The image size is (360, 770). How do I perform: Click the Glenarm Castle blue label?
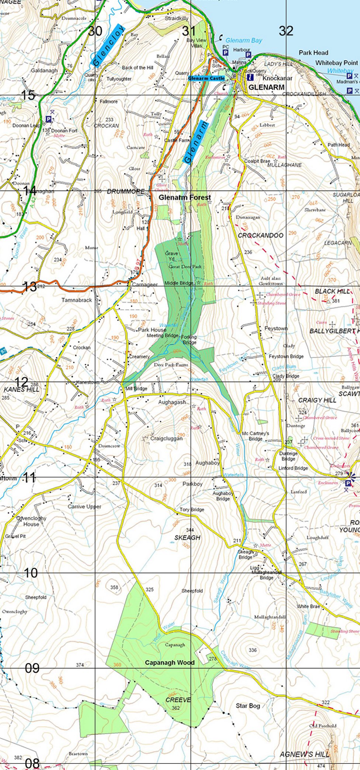pos(206,78)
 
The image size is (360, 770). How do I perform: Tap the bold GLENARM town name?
pos(266,87)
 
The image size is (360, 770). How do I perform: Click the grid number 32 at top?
pos(286,31)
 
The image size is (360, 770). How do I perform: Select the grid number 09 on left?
pos(32,668)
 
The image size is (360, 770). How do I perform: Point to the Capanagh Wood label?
pos(169,662)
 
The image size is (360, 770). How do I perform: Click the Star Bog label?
pos(248,705)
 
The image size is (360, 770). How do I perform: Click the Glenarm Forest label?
pos(184,197)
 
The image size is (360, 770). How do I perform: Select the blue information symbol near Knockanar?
pos(250,77)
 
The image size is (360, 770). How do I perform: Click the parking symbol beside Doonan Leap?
pos(48,119)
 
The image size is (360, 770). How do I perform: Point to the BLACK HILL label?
pos(332,291)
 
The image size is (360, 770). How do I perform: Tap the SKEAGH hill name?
pos(187,538)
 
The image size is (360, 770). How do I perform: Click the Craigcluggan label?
pos(166,438)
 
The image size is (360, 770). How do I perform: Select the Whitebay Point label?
pos(336,63)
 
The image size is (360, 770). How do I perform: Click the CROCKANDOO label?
pos(260,235)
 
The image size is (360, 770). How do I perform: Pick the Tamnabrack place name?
pos(77,300)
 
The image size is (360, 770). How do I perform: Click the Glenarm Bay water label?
pos(243,40)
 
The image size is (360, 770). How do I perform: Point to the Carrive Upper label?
pos(84,507)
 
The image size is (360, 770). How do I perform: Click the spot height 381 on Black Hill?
pos(336,301)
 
